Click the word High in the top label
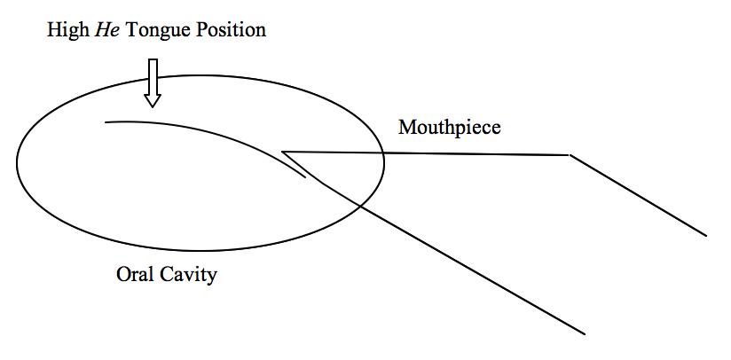pyautogui.click(x=67, y=30)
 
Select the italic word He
pyautogui.click(x=106, y=30)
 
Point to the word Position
pyautogui.click(x=230, y=30)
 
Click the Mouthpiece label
pyautogui.click(x=449, y=128)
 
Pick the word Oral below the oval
pyautogui.click(x=136, y=275)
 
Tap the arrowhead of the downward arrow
pyautogui.click(x=153, y=100)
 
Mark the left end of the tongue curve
pyautogui.click(x=106, y=121)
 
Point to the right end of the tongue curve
pyautogui.click(x=306, y=177)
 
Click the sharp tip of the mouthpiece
pyautogui.click(x=282, y=151)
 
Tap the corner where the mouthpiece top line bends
pyautogui.click(x=569, y=155)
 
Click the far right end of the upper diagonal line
pyautogui.click(x=706, y=235)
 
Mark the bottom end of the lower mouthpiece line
pyautogui.click(x=585, y=333)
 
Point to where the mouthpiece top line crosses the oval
pyautogui.click(x=383, y=153)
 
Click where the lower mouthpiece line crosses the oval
pyautogui.click(x=358, y=205)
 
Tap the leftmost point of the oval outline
pyautogui.click(x=17, y=163)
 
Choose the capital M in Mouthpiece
pyautogui.click(x=406, y=128)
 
